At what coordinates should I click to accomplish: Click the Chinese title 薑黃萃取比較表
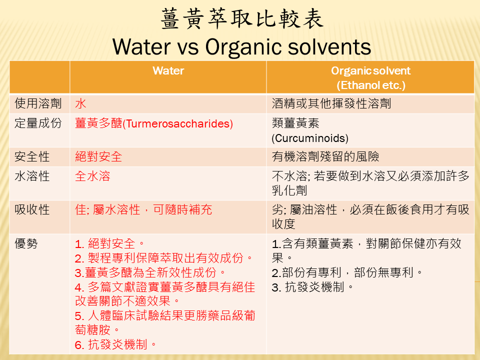point(242,19)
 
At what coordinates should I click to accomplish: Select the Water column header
point(168,70)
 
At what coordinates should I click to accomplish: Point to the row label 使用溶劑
point(38,103)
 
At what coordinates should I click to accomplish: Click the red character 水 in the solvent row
point(80,103)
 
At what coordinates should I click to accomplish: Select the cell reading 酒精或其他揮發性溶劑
point(331,103)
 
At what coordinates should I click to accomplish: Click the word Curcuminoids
point(310,138)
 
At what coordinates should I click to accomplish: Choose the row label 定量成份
point(38,123)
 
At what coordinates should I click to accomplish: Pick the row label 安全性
point(32,156)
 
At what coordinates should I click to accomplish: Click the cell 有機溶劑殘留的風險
point(325,156)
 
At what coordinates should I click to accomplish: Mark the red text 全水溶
point(92,176)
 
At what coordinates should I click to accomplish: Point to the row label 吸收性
point(32,209)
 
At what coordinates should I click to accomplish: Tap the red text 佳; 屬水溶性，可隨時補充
point(143,209)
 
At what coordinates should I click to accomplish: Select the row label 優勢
point(26,243)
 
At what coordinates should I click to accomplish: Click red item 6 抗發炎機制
point(115,344)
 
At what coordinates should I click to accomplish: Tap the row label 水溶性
point(32,176)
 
